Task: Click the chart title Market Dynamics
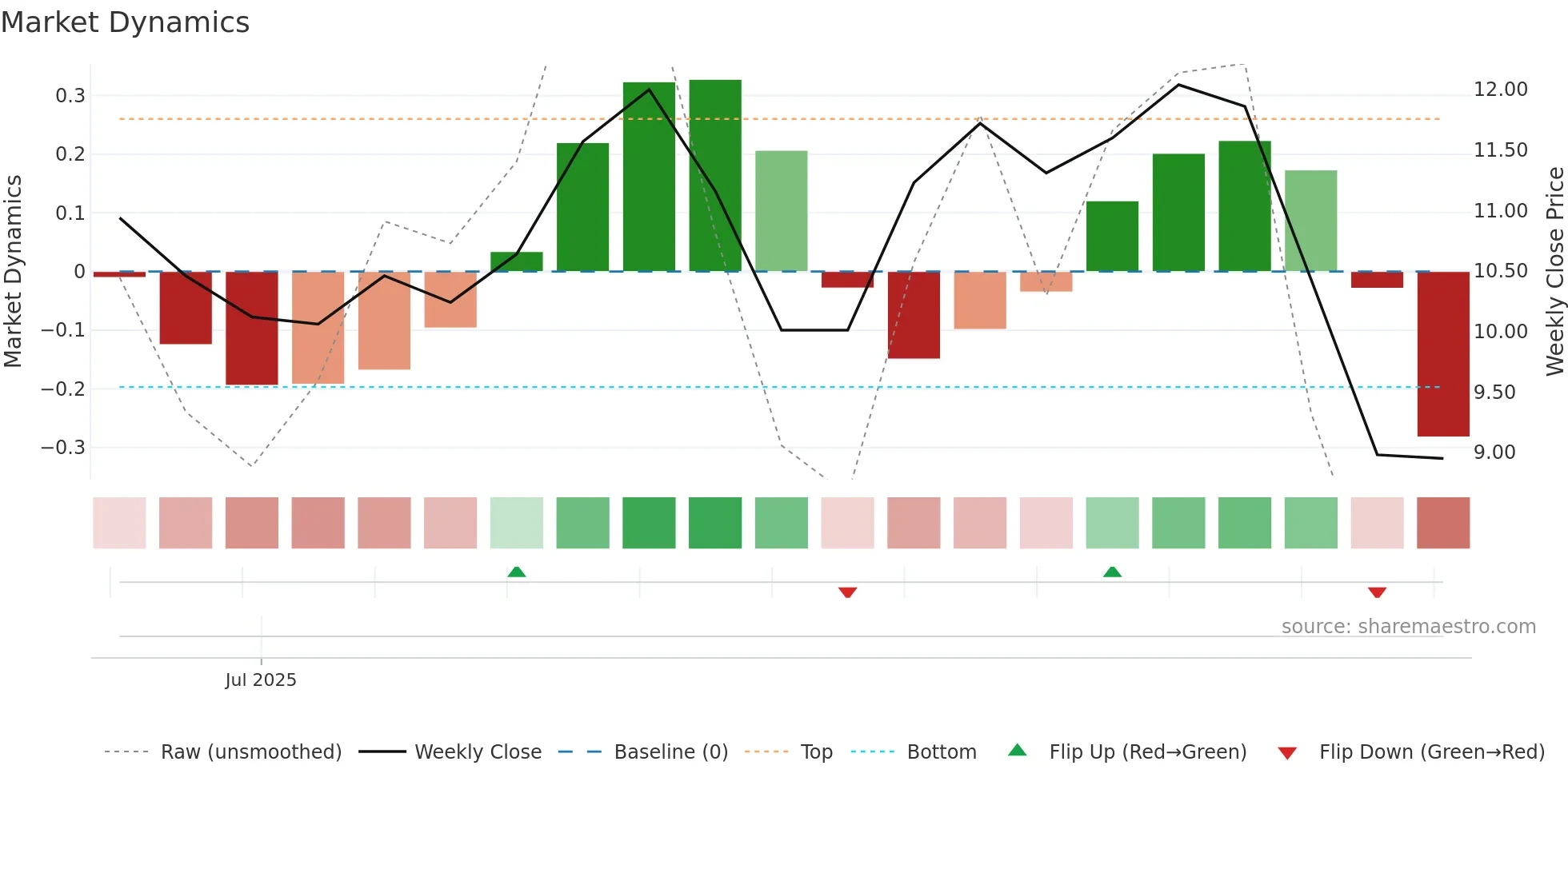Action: coord(126,22)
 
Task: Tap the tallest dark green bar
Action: coord(714,176)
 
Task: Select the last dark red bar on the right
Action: coord(1442,353)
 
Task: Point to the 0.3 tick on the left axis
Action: coord(70,96)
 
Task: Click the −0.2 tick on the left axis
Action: coord(63,389)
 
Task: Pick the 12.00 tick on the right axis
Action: coord(1500,90)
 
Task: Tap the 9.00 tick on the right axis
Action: coord(1494,452)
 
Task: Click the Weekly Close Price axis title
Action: coord(1554,272)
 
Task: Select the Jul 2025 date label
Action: coord(261,680)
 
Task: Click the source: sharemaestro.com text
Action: coord(1408,627)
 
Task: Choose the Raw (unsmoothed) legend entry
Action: coord(250,752)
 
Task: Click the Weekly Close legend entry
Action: coord(478,752)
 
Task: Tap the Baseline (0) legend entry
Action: coord(670,752)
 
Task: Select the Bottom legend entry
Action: coord(941,752)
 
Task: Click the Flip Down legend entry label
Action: coord(1431,752)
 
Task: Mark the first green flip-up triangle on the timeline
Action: coord(517,572)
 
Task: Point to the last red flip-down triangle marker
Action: coord(1377,592)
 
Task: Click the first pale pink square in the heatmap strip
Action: coord(119,523)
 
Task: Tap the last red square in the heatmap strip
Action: coord(1442,523)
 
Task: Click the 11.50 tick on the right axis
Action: coord(1500,150)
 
